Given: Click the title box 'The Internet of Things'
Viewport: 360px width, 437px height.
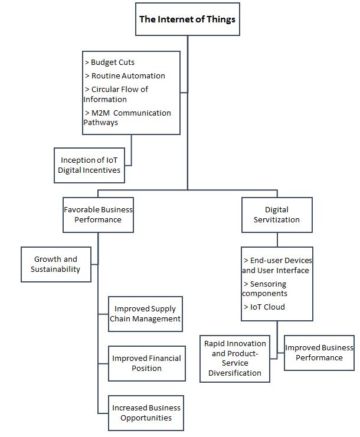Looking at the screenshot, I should point(187,19).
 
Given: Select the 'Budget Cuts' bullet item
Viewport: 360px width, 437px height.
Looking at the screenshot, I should point(112,62).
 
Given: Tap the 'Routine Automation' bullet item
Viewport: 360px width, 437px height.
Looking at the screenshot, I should point(127,75).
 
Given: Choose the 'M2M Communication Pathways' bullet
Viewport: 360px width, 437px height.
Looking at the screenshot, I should point(127,117).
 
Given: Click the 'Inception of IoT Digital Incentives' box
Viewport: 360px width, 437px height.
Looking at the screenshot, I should point(90,165).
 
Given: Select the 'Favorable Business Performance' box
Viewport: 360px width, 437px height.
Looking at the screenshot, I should point(99,215).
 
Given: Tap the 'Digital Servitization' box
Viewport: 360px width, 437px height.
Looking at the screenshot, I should point(277,215).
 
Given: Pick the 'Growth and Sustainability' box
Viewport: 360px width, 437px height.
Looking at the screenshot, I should point(55,264).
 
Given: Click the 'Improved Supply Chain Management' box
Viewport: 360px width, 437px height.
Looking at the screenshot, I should point(145,314).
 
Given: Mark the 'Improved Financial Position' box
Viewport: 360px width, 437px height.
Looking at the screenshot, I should point(147,363).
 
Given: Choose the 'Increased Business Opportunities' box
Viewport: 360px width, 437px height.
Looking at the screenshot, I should point(146,413).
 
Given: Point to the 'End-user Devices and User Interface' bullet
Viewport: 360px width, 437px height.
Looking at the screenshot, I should point(277,265).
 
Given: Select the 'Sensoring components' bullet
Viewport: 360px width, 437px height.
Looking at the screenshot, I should point(265,288).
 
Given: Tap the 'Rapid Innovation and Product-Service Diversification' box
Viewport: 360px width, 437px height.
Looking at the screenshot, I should point(235,358).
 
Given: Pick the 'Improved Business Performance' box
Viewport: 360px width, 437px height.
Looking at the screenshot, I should point(319,353).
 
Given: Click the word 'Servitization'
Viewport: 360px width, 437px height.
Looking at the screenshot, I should point(277,220).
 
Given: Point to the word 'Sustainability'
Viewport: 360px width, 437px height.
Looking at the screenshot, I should point(55,270).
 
